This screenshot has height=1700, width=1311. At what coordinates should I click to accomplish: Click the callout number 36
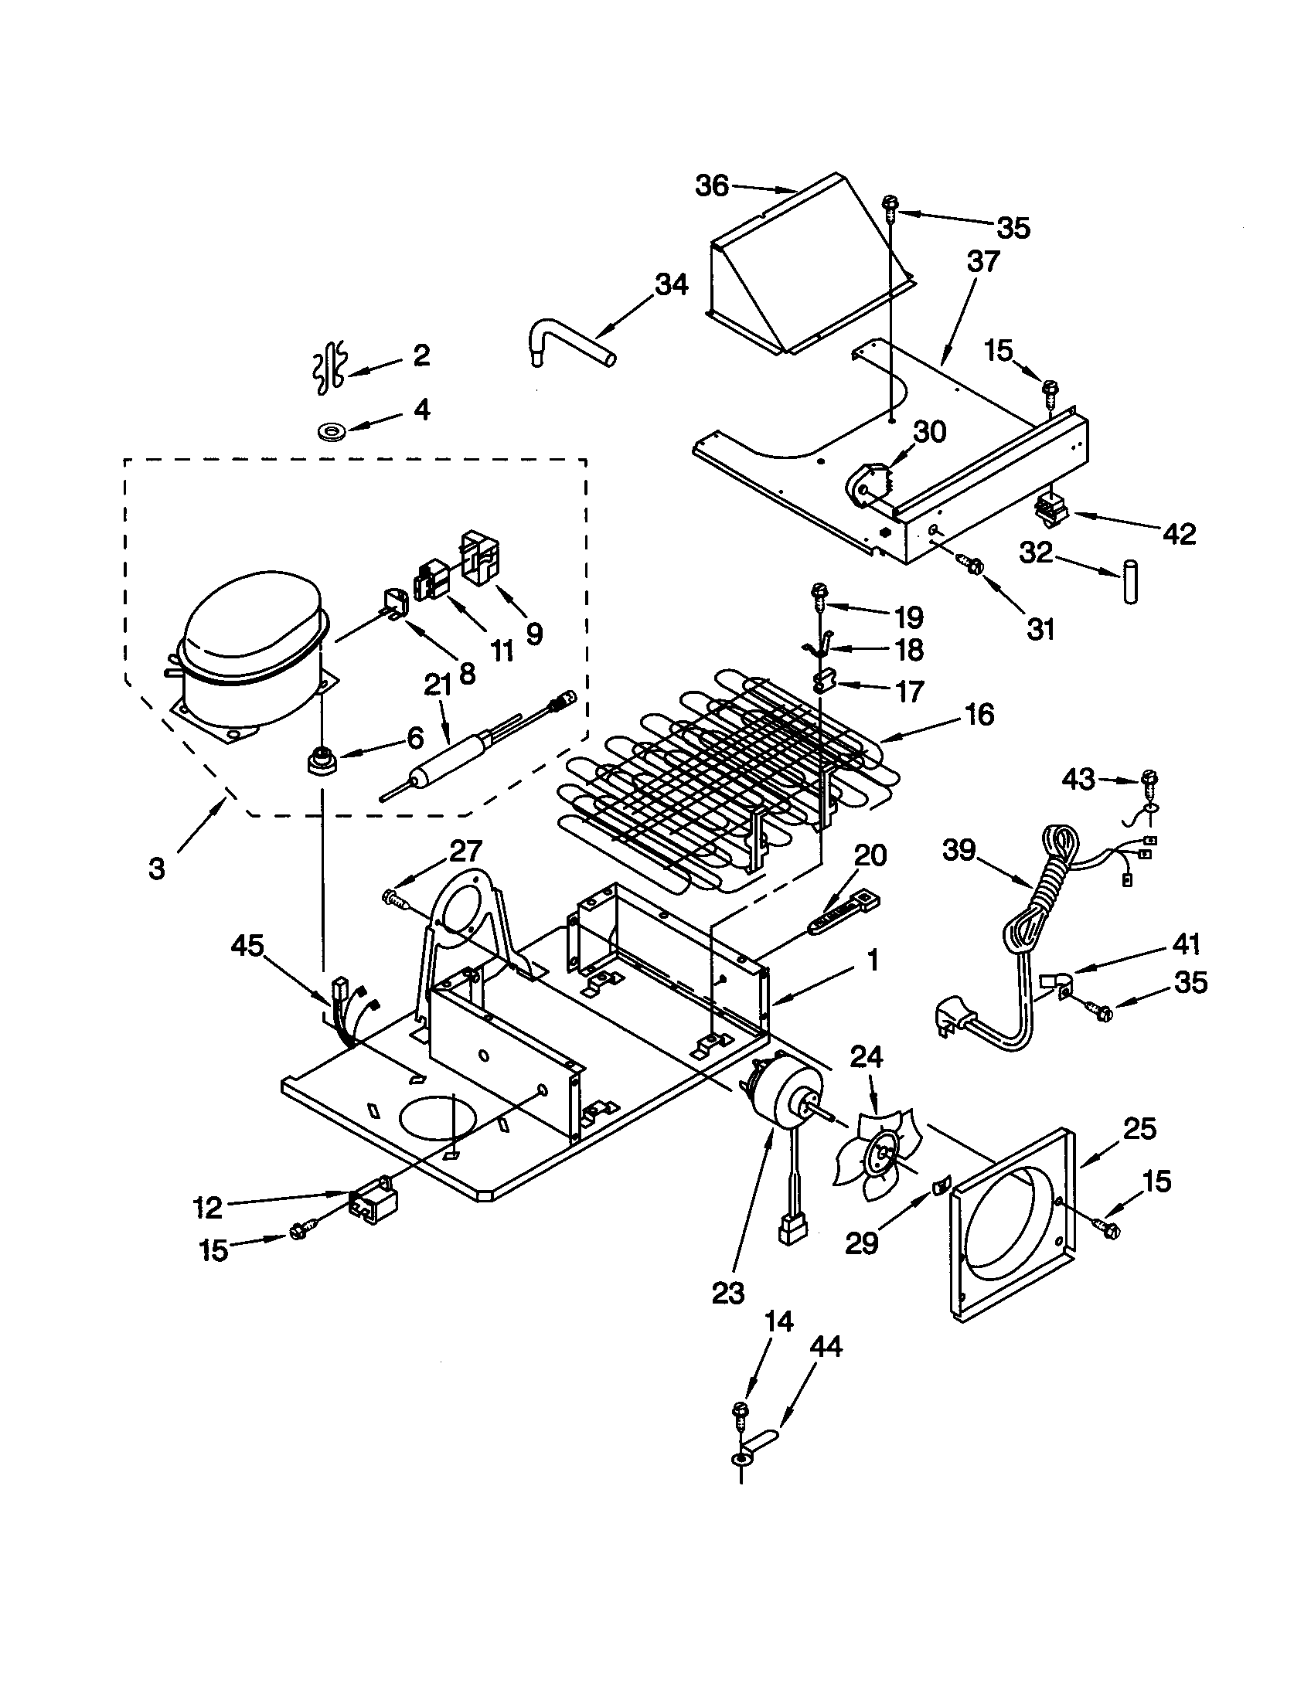tap(712, 186)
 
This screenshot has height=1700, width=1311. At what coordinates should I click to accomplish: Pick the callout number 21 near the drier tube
tap(438, 685)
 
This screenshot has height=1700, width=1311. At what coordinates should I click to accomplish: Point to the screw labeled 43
tap(1150, 777)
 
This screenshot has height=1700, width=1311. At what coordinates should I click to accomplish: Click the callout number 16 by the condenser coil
tap(979, 714)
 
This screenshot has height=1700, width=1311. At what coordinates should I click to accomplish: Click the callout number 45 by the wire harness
tap(247, 946)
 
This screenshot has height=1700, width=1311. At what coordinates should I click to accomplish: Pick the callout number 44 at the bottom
tap(826, 1346)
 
